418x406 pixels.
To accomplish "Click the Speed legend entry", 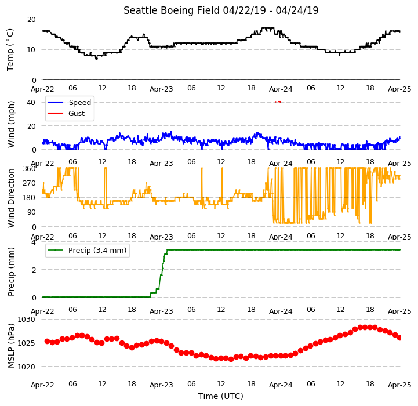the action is click(70, 103).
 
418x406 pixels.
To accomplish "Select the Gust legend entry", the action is click(66, 113).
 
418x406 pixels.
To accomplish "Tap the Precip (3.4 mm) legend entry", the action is click(87, 250).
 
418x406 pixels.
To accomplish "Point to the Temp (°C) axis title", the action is click(10, 50).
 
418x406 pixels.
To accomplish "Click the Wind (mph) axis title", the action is click(10, 124).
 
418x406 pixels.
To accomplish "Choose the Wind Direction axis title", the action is click(11, 198).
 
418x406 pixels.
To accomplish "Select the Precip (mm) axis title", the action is click(11, 271).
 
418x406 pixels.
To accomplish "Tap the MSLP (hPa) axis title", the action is click(11, 346).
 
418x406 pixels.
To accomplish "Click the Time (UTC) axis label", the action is click(221, 396).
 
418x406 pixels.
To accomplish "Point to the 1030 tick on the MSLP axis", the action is click(27, 320).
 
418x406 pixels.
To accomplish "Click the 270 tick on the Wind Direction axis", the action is click(30, 183).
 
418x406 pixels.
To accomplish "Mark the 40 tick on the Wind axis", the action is click(31, 103).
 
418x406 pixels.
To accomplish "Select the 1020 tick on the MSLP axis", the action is click(27, 367).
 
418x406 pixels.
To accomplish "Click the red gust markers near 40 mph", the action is click(278, 101).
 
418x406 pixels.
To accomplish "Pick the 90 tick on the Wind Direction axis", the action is click(31, 212).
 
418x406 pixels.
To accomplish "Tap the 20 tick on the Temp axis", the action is click(31, 20).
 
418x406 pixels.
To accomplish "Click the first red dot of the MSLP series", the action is click(47, 341).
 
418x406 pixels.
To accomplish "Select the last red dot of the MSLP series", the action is click(399, 338).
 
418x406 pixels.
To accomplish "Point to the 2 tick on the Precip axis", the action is click(34, 270).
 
